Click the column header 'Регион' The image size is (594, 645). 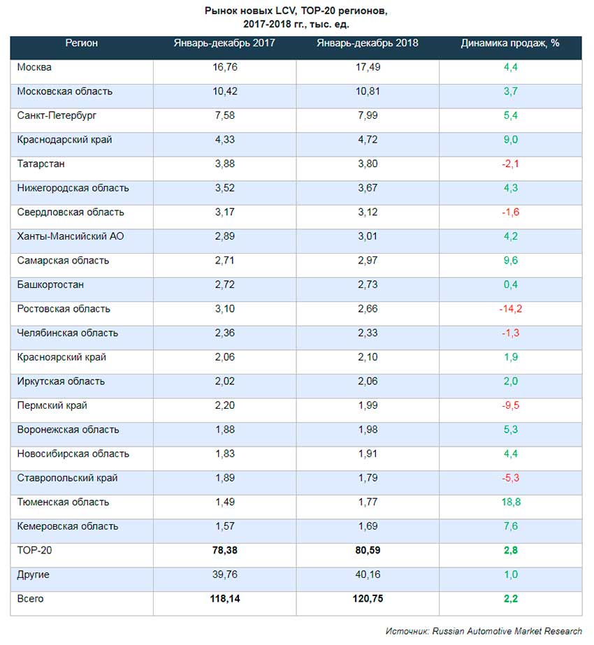(x=82, y=43)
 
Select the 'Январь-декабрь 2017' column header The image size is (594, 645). (x=224, y=43)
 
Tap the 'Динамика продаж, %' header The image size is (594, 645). (x=510, y=43)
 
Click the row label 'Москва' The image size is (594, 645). (x=34, y=68)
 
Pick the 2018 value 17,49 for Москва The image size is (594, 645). (x=368, y=68)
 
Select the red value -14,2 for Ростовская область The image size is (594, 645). (x=510, y=309)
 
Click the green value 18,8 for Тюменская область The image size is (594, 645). (x=510, y=502)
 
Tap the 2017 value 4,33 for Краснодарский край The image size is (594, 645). (x=225, y=140)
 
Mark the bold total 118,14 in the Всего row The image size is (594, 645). (x=225, y=599)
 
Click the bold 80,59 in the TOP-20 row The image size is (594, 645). (x=368, y=551)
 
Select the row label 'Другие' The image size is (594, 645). (x=34, y=574)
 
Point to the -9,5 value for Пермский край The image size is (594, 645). (x=510, y=405)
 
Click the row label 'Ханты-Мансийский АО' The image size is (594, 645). (x=71, y=236)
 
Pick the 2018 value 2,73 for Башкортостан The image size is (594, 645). (x=368, y=285)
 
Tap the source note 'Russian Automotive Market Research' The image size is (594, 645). (x=507, y=631)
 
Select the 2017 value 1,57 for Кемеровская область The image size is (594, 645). (x=225, y=526)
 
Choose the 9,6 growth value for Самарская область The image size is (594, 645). (x=510, y=261)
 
